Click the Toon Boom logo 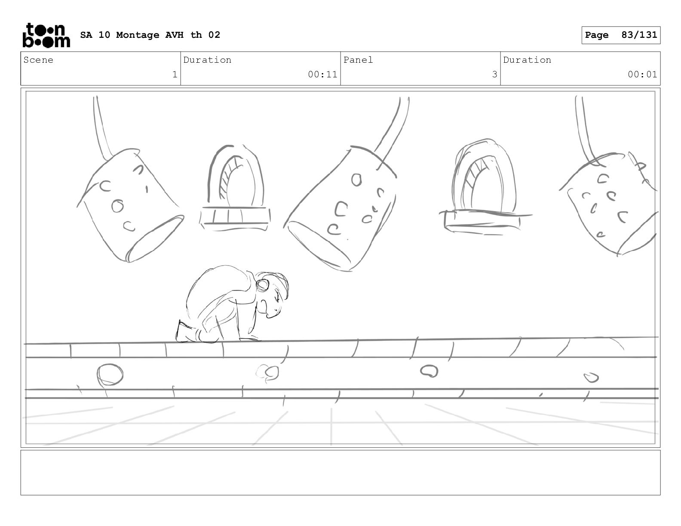46,35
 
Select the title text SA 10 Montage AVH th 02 150,35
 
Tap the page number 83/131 639,35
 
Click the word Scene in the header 38,60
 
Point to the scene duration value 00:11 322,74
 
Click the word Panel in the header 358,60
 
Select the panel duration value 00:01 642,74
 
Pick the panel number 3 494,74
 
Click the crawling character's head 272,294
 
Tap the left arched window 235,188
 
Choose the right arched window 484,187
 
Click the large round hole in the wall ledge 110,374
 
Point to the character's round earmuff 263,284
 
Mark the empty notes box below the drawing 340,473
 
